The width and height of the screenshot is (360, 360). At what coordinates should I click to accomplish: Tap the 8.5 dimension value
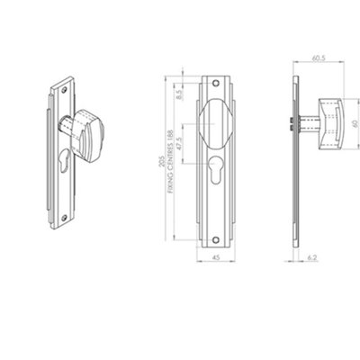click(180, 92)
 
